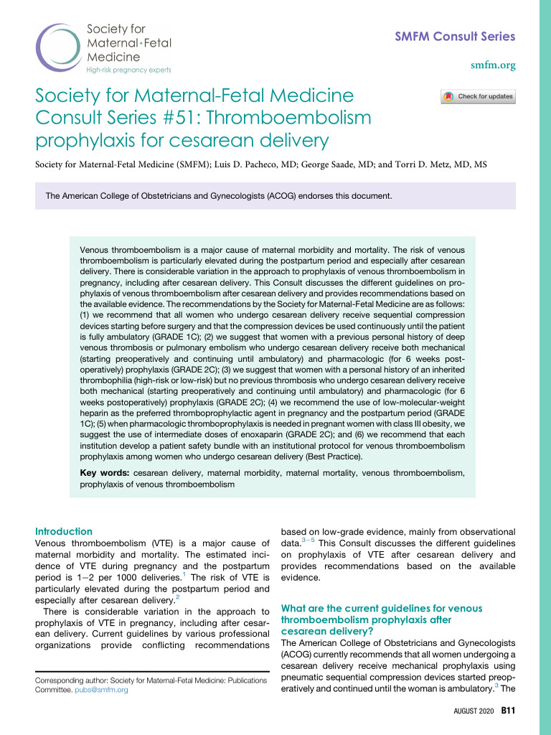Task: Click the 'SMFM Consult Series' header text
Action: (456, 37)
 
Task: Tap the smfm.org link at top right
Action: (493, 65)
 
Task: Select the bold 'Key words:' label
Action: (104, 473)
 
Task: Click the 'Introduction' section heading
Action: (64, 531)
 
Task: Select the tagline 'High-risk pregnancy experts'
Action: (128, 70)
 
